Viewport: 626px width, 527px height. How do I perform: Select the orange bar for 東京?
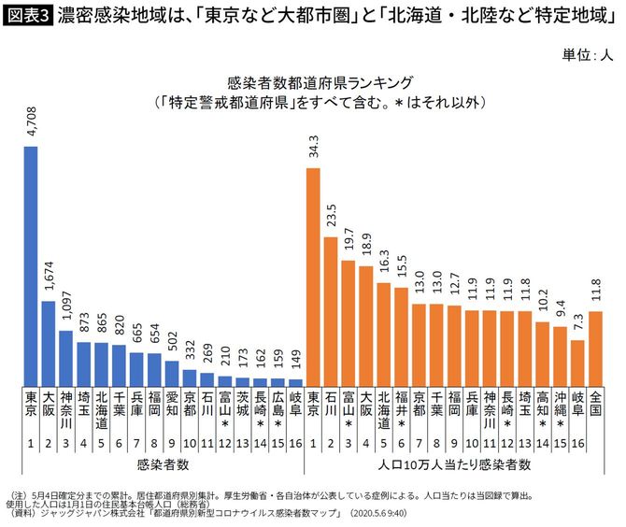(x=313, y=277)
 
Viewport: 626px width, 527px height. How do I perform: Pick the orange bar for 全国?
(x=596, y=348)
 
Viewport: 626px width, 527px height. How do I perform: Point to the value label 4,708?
(x=31, y=122)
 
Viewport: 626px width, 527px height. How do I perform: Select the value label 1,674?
(x=49, y=278)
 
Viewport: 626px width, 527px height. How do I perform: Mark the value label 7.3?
(x=578, y=323)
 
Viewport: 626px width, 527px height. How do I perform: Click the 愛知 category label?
(x=172, y=404)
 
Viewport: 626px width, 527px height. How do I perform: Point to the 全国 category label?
(x=596, y=404)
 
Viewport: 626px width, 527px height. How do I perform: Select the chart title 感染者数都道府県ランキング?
(x=313, y=80)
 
